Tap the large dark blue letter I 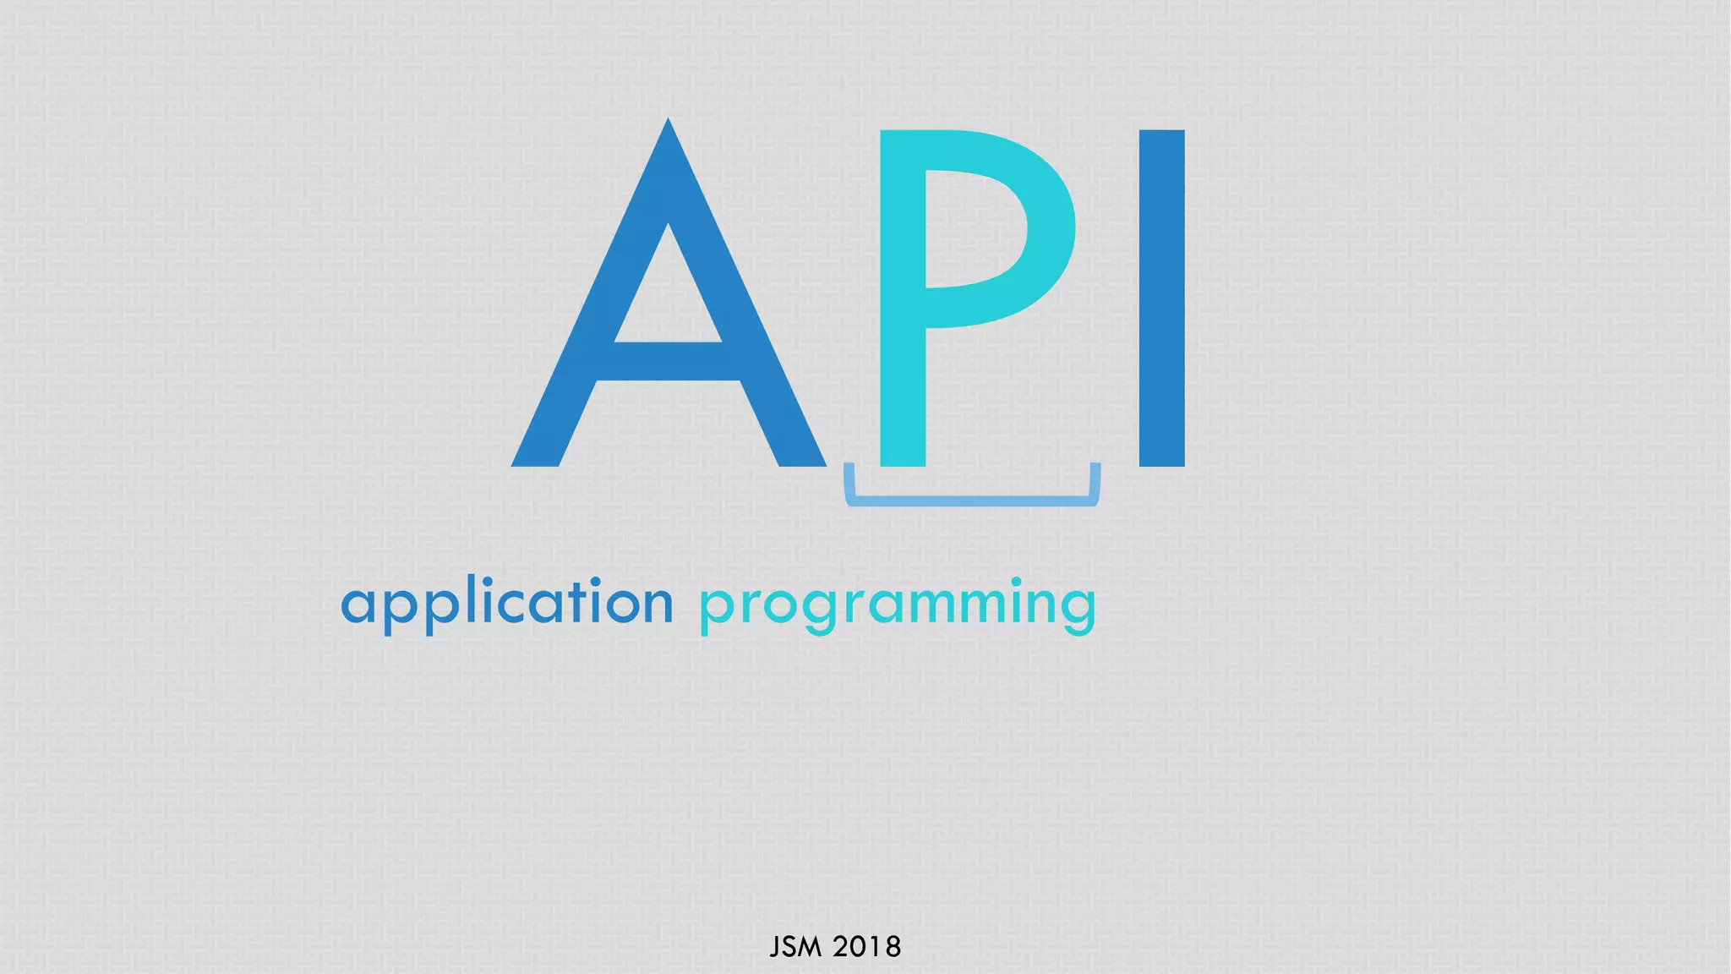1161,298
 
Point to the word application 507,604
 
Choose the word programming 898,605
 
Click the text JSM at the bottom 795,947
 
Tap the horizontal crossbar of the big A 668,362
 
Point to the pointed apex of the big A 669,127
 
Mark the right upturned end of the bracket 1095,478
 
